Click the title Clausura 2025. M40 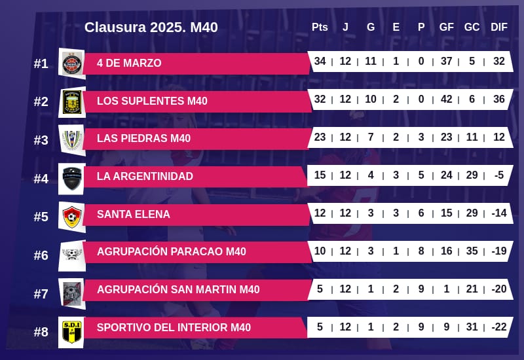(151, 27)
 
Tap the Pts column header (320, 27)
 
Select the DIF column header (499, 27)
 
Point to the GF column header (447, 27)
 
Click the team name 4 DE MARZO (129, 63)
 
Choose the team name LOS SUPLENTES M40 (152, 101)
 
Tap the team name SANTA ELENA (133, 215)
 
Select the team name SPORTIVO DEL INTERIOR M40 (174, 327)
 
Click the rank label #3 (41, 140)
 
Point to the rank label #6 (41, 255)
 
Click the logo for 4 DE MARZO (71, 63)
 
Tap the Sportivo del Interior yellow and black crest (71, 331)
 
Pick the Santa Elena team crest (71, 217)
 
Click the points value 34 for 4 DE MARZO (320, 62)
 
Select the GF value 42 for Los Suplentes (447, 99)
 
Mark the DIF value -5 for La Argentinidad (499, 175)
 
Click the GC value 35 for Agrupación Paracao (472, 251)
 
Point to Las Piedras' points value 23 (320, 137)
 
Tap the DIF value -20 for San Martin (499, 289)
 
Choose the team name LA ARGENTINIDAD (145, 177)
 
